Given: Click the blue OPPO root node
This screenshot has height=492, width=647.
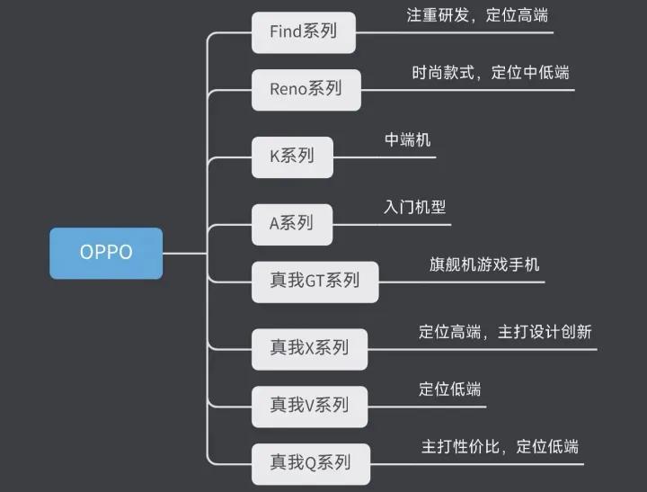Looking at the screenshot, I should (106, 253).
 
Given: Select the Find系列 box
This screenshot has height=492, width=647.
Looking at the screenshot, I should (304, 31).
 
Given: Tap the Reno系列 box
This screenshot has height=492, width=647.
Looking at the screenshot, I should (306, 89).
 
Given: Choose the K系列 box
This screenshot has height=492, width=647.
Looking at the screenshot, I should (292, 157).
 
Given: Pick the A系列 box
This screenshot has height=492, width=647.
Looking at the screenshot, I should (292, 223).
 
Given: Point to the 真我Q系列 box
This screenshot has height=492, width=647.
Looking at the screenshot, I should (310, 464).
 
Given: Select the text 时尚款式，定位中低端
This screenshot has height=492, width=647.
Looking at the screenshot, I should (490, 72).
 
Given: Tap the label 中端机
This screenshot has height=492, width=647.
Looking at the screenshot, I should (407, 140).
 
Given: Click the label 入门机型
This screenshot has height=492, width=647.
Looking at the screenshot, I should (414, 207).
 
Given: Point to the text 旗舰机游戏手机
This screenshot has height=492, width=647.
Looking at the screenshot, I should (484, 265).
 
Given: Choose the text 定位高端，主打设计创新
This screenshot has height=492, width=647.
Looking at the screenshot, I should (505, 332).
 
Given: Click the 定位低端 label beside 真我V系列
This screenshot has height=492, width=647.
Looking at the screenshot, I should (449, 389).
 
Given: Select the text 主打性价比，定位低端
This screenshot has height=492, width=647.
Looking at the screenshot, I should (500, 447).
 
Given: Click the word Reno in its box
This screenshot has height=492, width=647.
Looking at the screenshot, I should (288, 89).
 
